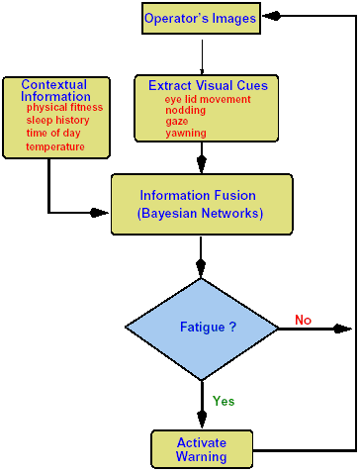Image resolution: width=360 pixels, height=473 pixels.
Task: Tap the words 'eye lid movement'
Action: pos(208,99)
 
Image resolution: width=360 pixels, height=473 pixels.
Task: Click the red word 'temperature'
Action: pos(54,146)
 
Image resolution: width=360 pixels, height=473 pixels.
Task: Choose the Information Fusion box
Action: pos(202,204)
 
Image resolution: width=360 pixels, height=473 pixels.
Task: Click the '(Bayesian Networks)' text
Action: pos(202,213)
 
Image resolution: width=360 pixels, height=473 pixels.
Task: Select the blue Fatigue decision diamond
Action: pos(202,328)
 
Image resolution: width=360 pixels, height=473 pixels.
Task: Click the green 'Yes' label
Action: pos(224,402)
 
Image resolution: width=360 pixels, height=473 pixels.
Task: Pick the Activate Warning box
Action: pos(202,448)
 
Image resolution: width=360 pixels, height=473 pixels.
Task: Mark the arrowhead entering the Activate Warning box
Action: pos(202,423)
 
